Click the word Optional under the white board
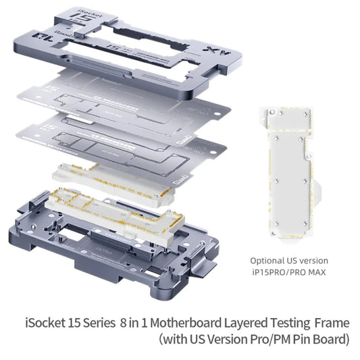click(269, 260)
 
